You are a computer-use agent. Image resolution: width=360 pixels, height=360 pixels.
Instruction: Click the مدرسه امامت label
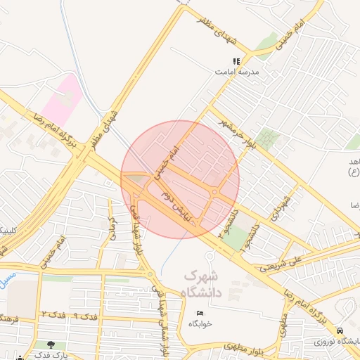click(238, 72)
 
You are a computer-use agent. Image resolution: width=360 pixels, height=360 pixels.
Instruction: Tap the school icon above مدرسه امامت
click(237, 61)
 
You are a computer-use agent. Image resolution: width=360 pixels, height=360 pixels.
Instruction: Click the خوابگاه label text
click(200, 323)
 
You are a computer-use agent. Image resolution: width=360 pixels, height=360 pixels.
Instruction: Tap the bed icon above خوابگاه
click(200, 313)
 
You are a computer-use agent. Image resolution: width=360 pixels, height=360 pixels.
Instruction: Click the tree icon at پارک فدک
click(51, 345)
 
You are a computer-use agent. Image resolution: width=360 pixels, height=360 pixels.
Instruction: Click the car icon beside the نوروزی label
click(340, 330)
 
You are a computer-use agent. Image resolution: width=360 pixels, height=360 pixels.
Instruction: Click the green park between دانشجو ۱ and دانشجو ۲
click(236, 238)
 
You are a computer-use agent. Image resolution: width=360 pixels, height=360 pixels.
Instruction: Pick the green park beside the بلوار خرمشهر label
click(266, 138)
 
